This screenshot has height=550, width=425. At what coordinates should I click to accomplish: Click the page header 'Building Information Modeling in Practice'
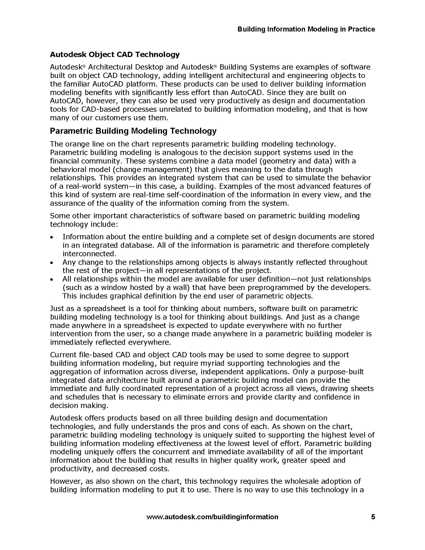pyautogui.click(x=306, y=29)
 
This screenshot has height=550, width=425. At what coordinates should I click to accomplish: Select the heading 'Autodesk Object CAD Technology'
pyautogui.click(x=115, y=54)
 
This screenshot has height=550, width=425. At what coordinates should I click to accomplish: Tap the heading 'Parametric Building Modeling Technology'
pyautogui.click(x=133, y=131)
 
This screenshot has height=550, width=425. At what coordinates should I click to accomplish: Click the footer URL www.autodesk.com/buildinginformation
pyautogui.click(x=212, y=517)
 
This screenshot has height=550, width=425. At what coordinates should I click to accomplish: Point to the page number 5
pyautogui.click(x=373, y=517)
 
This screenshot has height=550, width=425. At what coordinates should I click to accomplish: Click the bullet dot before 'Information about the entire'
pyautogui.click(x=51, y=237)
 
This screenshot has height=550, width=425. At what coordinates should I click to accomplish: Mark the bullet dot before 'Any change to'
pyautogui.click(x=51, y=263)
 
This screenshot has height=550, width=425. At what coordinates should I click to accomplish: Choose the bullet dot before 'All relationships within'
pyautogui.click(x=51, y=279)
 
